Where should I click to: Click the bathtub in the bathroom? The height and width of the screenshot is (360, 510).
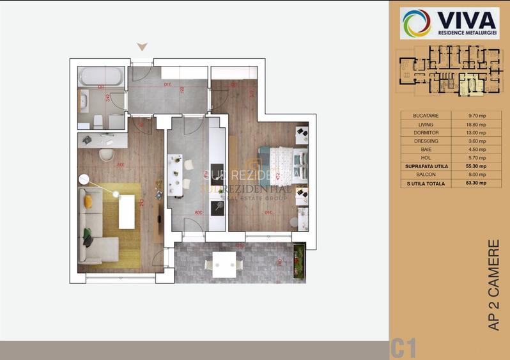(x=101, y=77)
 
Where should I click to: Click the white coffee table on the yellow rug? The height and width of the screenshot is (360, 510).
(x=127, y=210)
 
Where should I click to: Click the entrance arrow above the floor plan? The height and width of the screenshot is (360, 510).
(x=143, y=47)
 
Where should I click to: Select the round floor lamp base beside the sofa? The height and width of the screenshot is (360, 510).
(x=83, y=178)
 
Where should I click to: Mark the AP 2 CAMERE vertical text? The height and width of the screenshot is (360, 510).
(x=493, y=285)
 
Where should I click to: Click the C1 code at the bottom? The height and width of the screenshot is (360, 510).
(x=403, y=348)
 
